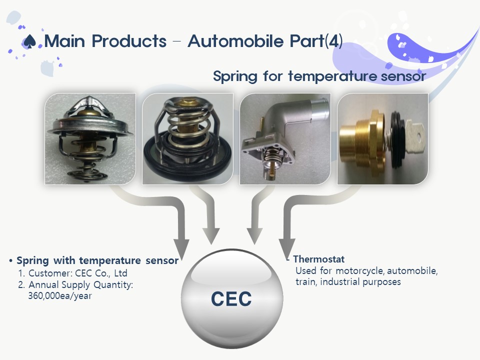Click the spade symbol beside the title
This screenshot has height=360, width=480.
coord(29,41)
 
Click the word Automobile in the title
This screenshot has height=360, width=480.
coord(235,41)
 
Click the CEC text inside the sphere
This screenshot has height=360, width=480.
coord(231,299)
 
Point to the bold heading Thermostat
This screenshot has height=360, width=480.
coord(318,259)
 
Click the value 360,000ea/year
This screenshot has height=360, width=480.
coord(60,296)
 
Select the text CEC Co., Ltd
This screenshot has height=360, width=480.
coord(101,273)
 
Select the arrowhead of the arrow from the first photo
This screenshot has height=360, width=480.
coord(181,248)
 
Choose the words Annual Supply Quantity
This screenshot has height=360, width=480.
coord(80,285)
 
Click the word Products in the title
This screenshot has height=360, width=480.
coord(129,41)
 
